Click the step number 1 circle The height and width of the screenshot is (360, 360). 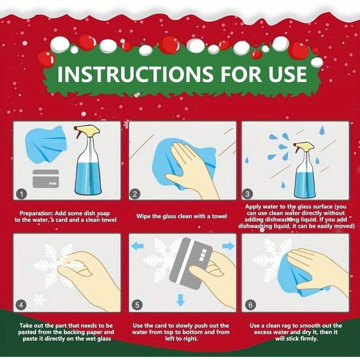pos(21,194)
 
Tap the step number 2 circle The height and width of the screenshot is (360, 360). pos(135,194)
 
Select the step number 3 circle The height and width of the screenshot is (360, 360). pos(247,194)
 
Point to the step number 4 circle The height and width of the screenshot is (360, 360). pos(21,305)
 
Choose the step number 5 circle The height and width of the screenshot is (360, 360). pos(137,305)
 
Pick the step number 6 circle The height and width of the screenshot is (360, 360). pos(250,305)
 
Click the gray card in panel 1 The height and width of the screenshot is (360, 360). pos(46,179)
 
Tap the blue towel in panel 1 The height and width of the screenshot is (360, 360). pos(46,145)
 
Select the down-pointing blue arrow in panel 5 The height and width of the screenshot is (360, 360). pos(180,300)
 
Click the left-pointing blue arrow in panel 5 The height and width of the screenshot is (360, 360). pos(137,246)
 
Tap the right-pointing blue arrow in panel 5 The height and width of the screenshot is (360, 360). pos(229,246)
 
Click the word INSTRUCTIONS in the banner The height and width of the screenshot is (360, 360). pos(135,74)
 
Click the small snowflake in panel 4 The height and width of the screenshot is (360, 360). pos(40,300)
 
